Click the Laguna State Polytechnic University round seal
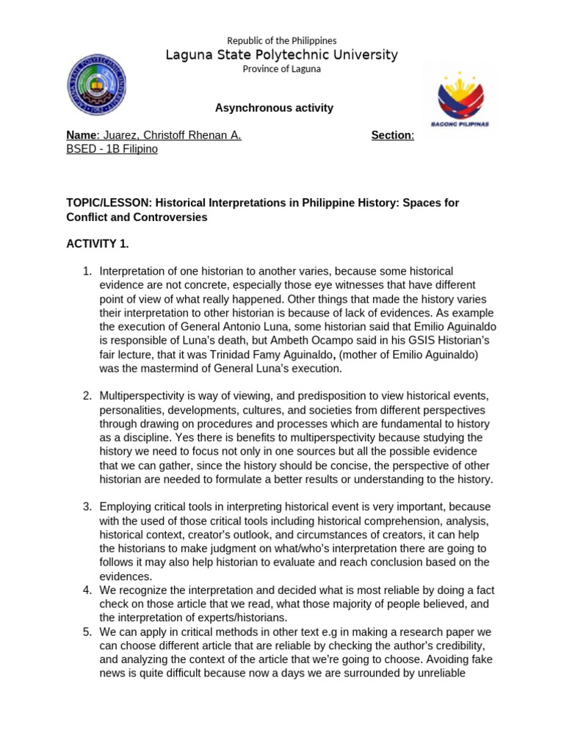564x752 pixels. pos(96,84)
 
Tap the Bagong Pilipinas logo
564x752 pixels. pos(460,100)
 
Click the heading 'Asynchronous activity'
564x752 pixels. pos(274,108)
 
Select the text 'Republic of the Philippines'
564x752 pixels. pos(281,40)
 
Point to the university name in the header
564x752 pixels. pos(281,55)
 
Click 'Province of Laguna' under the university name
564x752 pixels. pos(281,69)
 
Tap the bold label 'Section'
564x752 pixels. pos(391,135)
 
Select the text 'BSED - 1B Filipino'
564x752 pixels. pos(112,149)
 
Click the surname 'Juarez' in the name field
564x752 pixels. pos(120,135)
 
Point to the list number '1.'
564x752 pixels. pos(87,271)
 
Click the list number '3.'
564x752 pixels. pos(87,507)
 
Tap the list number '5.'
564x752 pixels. pos(87,632)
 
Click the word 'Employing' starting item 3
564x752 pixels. pos(125,507)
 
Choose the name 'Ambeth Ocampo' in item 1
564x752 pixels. pos(361,341)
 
